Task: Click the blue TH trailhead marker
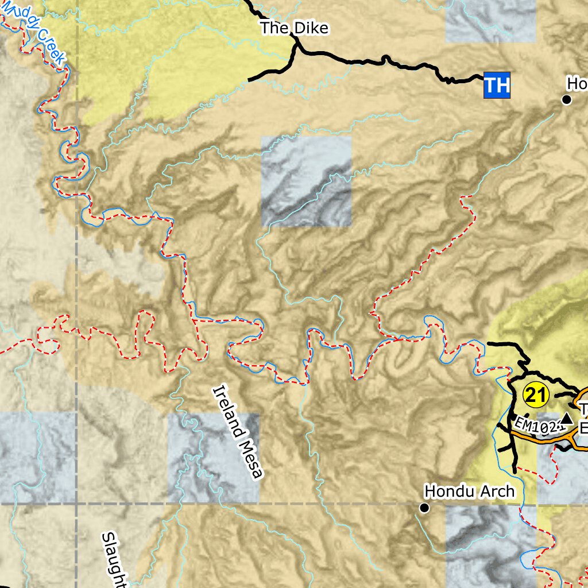pyautogui.click(x=497, y=85)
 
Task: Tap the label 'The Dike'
pyautogui.click(x=295, y=28)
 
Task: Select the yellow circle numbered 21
pyautogui.click(x=537, y=395)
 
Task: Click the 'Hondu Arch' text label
pyautogui.click(x=469, y=492)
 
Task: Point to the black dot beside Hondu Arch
pyautogui.click(x=424, y=508)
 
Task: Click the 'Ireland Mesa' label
pyautogui.click(x=238, y=432)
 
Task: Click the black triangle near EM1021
pyautogui.click(x=567, y=419)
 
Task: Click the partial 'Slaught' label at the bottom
pyautogui.click(x=114, y=560)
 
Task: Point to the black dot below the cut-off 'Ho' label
pyautogui.click(x=567, y=100)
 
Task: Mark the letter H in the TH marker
pyautogui.click(x=502, y=85)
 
